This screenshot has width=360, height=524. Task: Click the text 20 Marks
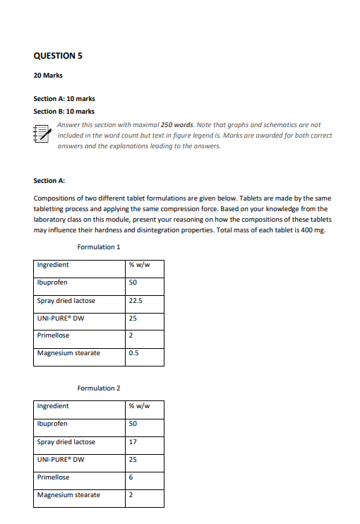[x=47, y=76]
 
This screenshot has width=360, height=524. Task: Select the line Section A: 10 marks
[x=64, y=100]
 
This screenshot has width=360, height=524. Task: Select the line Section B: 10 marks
[x=64, y=112]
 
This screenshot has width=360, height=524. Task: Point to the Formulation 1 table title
[x=99, y=247]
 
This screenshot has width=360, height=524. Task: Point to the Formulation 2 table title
[x=99, y=388]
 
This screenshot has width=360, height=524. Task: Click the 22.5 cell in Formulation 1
[x=136, y=301]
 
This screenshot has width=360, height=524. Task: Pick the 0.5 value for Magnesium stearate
[x=133, y=353]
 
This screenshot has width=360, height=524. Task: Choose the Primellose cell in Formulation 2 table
[x=53, y=477]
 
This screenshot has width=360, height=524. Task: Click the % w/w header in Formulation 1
[x=138, y=266]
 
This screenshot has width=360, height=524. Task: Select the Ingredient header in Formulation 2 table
[x=53, y=407]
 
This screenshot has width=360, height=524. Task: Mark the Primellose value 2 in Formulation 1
[x=131, y=335]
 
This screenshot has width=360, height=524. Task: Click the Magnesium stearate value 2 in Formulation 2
[x=131, y=495]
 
